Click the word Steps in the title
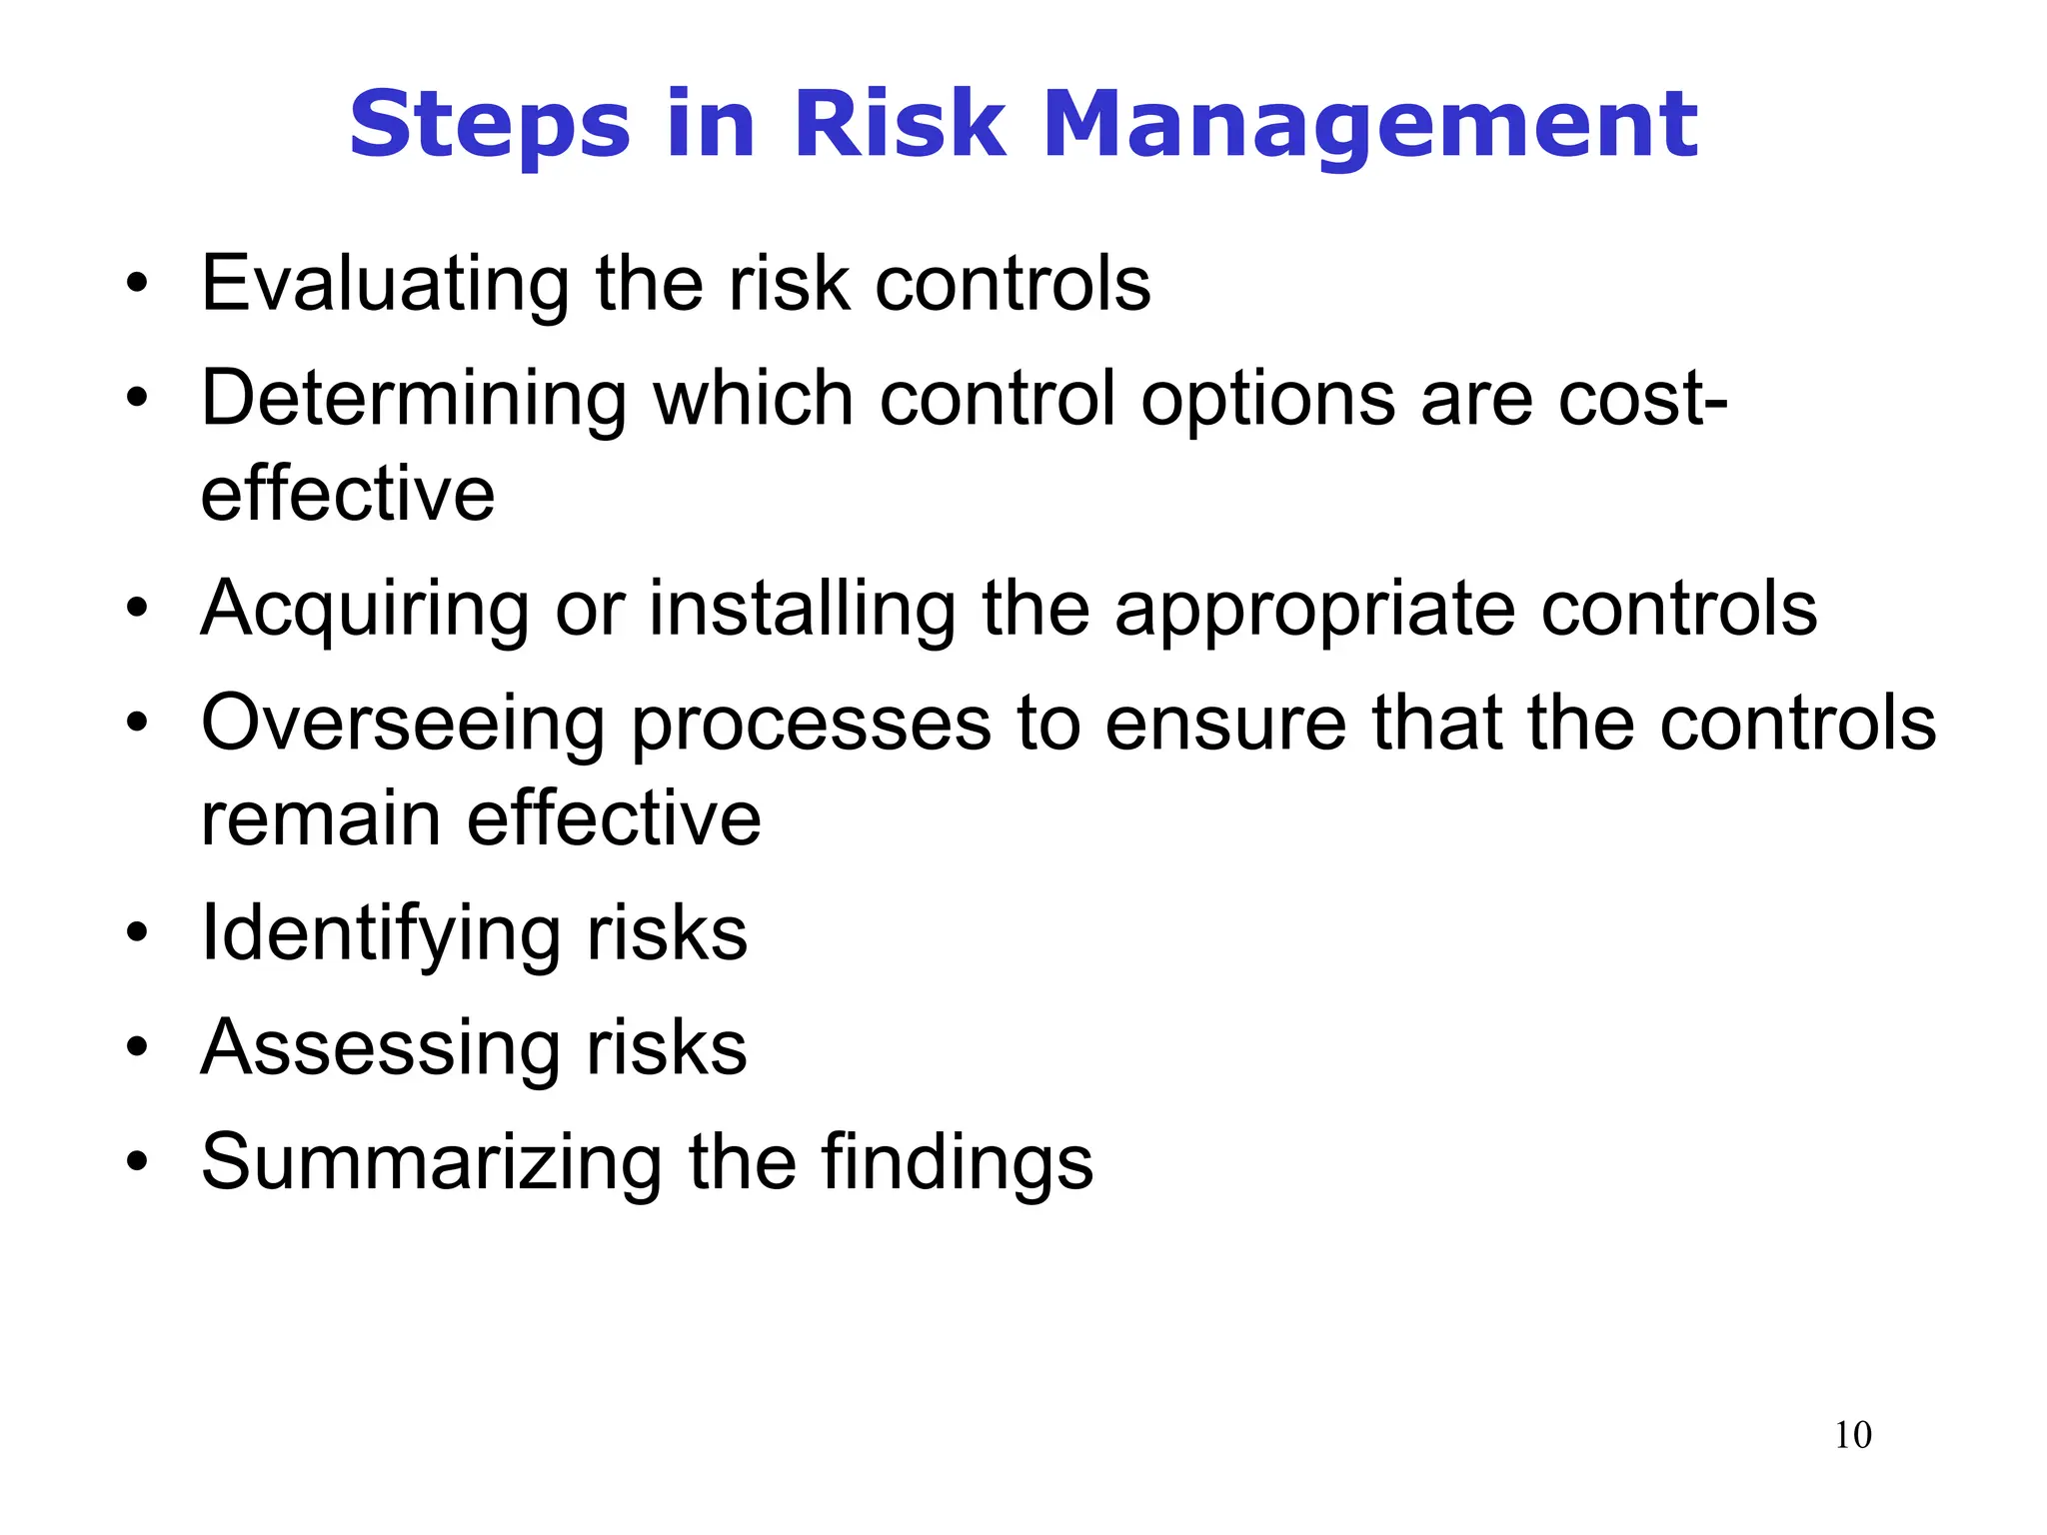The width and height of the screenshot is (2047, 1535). tap(490, 126)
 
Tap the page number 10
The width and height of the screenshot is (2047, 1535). tap(1853, 1435)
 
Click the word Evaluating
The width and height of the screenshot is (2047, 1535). tap(385, 286)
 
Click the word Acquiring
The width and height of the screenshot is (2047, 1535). tap(365, 610)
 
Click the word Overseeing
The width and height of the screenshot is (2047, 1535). tap(403, 723)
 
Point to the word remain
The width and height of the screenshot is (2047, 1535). tap(321, 819)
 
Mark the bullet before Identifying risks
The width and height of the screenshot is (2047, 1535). tap(137, 933)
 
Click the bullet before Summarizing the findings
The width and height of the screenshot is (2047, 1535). tap(137, 1161)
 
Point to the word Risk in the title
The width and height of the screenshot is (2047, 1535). tap(900, 126)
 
